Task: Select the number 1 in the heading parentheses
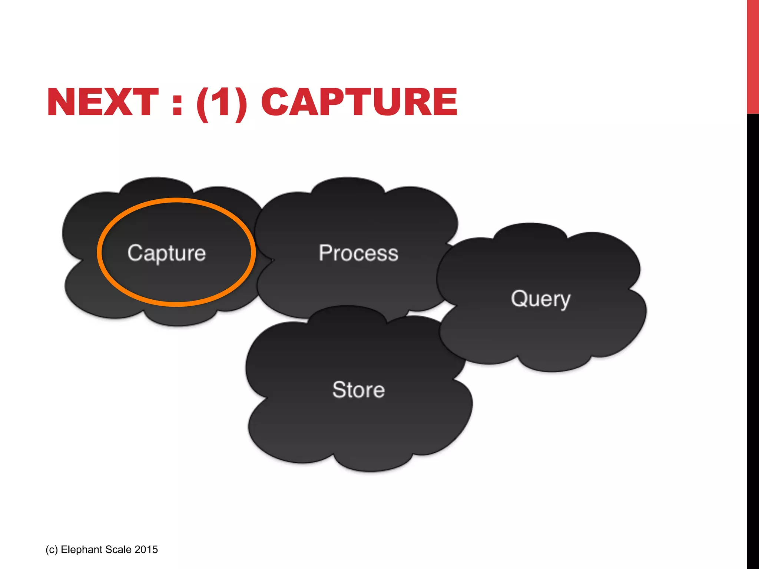tap(222, 102)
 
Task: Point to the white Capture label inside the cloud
tap(166, 253)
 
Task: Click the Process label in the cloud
tap(358, 253)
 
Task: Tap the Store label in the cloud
tap(358, 390)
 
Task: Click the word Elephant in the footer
tap(81, 549)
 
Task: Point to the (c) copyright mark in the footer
tap(52, 550)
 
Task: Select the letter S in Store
tap(339, 390)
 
